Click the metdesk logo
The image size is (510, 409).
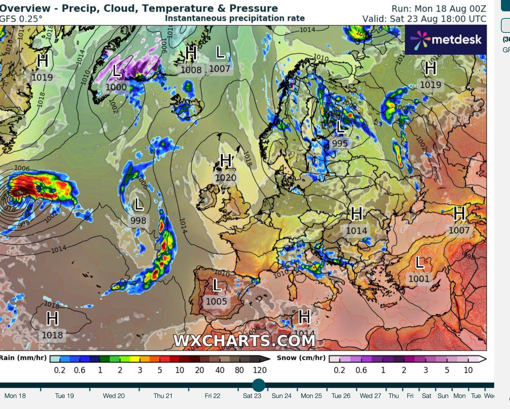click(x=445, y=39)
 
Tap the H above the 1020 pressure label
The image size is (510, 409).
click(x=226, y=161)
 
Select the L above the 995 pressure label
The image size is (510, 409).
click(x=341, y=126)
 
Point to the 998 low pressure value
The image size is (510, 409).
click(x=138, y=221)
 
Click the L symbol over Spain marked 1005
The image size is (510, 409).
click(x=216, y=285)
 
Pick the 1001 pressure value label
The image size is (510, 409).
click(x=419, y=279)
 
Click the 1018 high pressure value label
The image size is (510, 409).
click(x=52, y=335)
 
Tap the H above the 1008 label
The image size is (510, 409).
click(x=191, y=53)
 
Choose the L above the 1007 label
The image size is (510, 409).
click(x=221, y=52)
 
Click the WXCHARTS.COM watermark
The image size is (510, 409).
click(x=244, y=340)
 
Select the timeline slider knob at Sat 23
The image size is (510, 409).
click(x=259, y=385)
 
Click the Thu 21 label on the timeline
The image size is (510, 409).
click(x=163, y=396)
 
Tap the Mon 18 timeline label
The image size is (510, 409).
click(x=15, y=396)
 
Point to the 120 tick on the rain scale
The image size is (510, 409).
click(x=260, y=370)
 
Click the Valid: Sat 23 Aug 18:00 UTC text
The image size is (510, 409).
click(x=424, y=19)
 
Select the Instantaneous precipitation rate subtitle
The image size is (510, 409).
click(x=235, y=18)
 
